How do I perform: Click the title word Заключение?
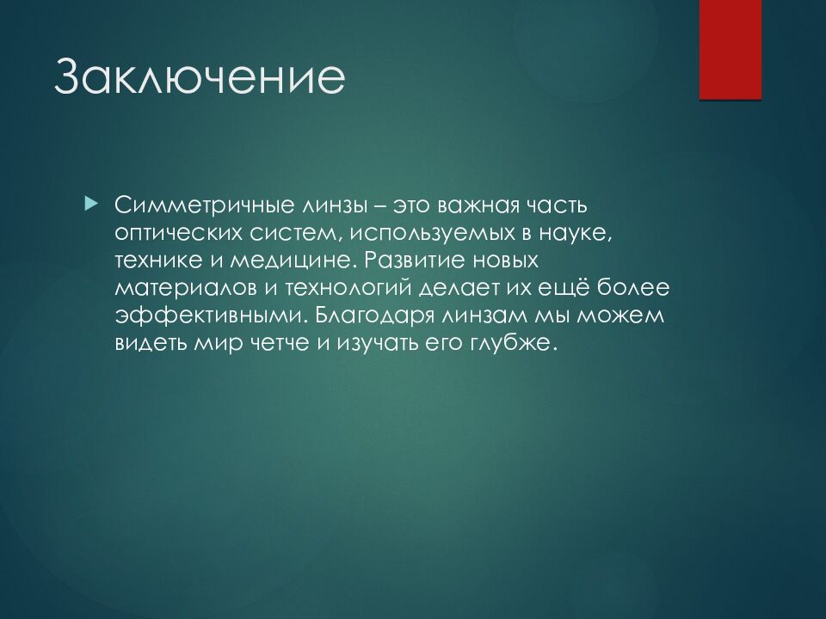point(200,77)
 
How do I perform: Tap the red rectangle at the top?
point(730,50)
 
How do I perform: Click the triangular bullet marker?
point(91,203)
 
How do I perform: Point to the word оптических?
point(177,233)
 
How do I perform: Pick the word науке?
point(576,233)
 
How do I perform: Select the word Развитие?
point(415,260)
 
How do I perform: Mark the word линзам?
point(485,316)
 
